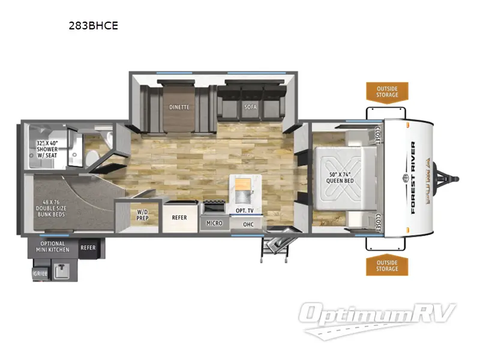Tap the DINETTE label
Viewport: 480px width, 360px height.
click(179, 107)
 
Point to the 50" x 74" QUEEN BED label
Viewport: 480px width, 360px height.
click(340, 177)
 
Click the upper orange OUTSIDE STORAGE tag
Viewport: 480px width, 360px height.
click(387, 91)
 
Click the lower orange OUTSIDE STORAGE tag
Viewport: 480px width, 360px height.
click(387, 265)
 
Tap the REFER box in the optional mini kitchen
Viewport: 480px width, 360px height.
click(88, 247)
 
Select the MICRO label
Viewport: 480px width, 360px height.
click(214, 223)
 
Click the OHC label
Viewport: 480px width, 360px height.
click(248, 224)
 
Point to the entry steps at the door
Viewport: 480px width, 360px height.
click(274, 245)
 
